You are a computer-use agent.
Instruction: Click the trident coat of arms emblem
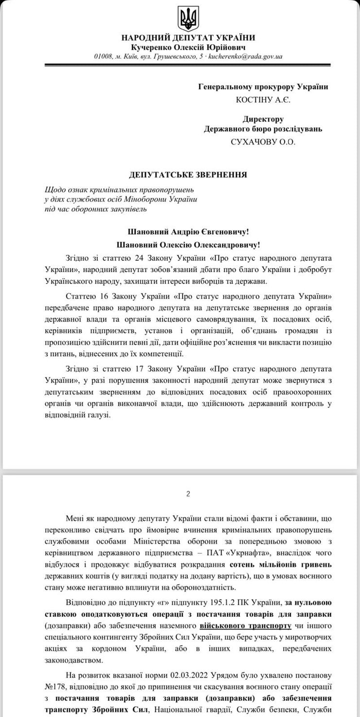click(187, 18)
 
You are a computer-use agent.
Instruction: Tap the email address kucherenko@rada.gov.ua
click(245, 57)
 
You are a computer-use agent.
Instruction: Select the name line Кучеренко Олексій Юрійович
click(187, 47)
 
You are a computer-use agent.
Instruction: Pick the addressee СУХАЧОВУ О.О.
click(263, 142)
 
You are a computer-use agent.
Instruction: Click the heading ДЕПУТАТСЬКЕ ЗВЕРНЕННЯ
click(187, 174)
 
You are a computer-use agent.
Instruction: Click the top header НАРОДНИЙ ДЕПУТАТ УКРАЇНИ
click(187, 37)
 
